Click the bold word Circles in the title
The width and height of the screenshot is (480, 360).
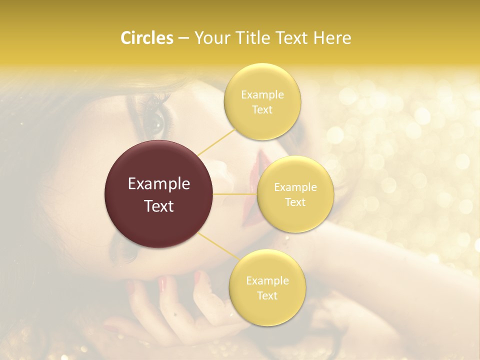click(146, 38)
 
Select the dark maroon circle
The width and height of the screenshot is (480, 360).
click(158, 194)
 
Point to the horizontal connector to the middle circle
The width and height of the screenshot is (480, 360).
click(235, 194)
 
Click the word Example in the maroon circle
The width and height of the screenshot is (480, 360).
click(158, 184)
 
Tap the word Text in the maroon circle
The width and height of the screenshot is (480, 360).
click(158, 206)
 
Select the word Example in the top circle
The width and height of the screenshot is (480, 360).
click(262, 94)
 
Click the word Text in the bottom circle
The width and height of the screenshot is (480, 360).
click(267, 295)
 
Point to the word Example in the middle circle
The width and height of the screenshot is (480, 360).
click(295, 187)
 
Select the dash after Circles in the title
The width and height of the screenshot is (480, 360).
click(183, 38)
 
